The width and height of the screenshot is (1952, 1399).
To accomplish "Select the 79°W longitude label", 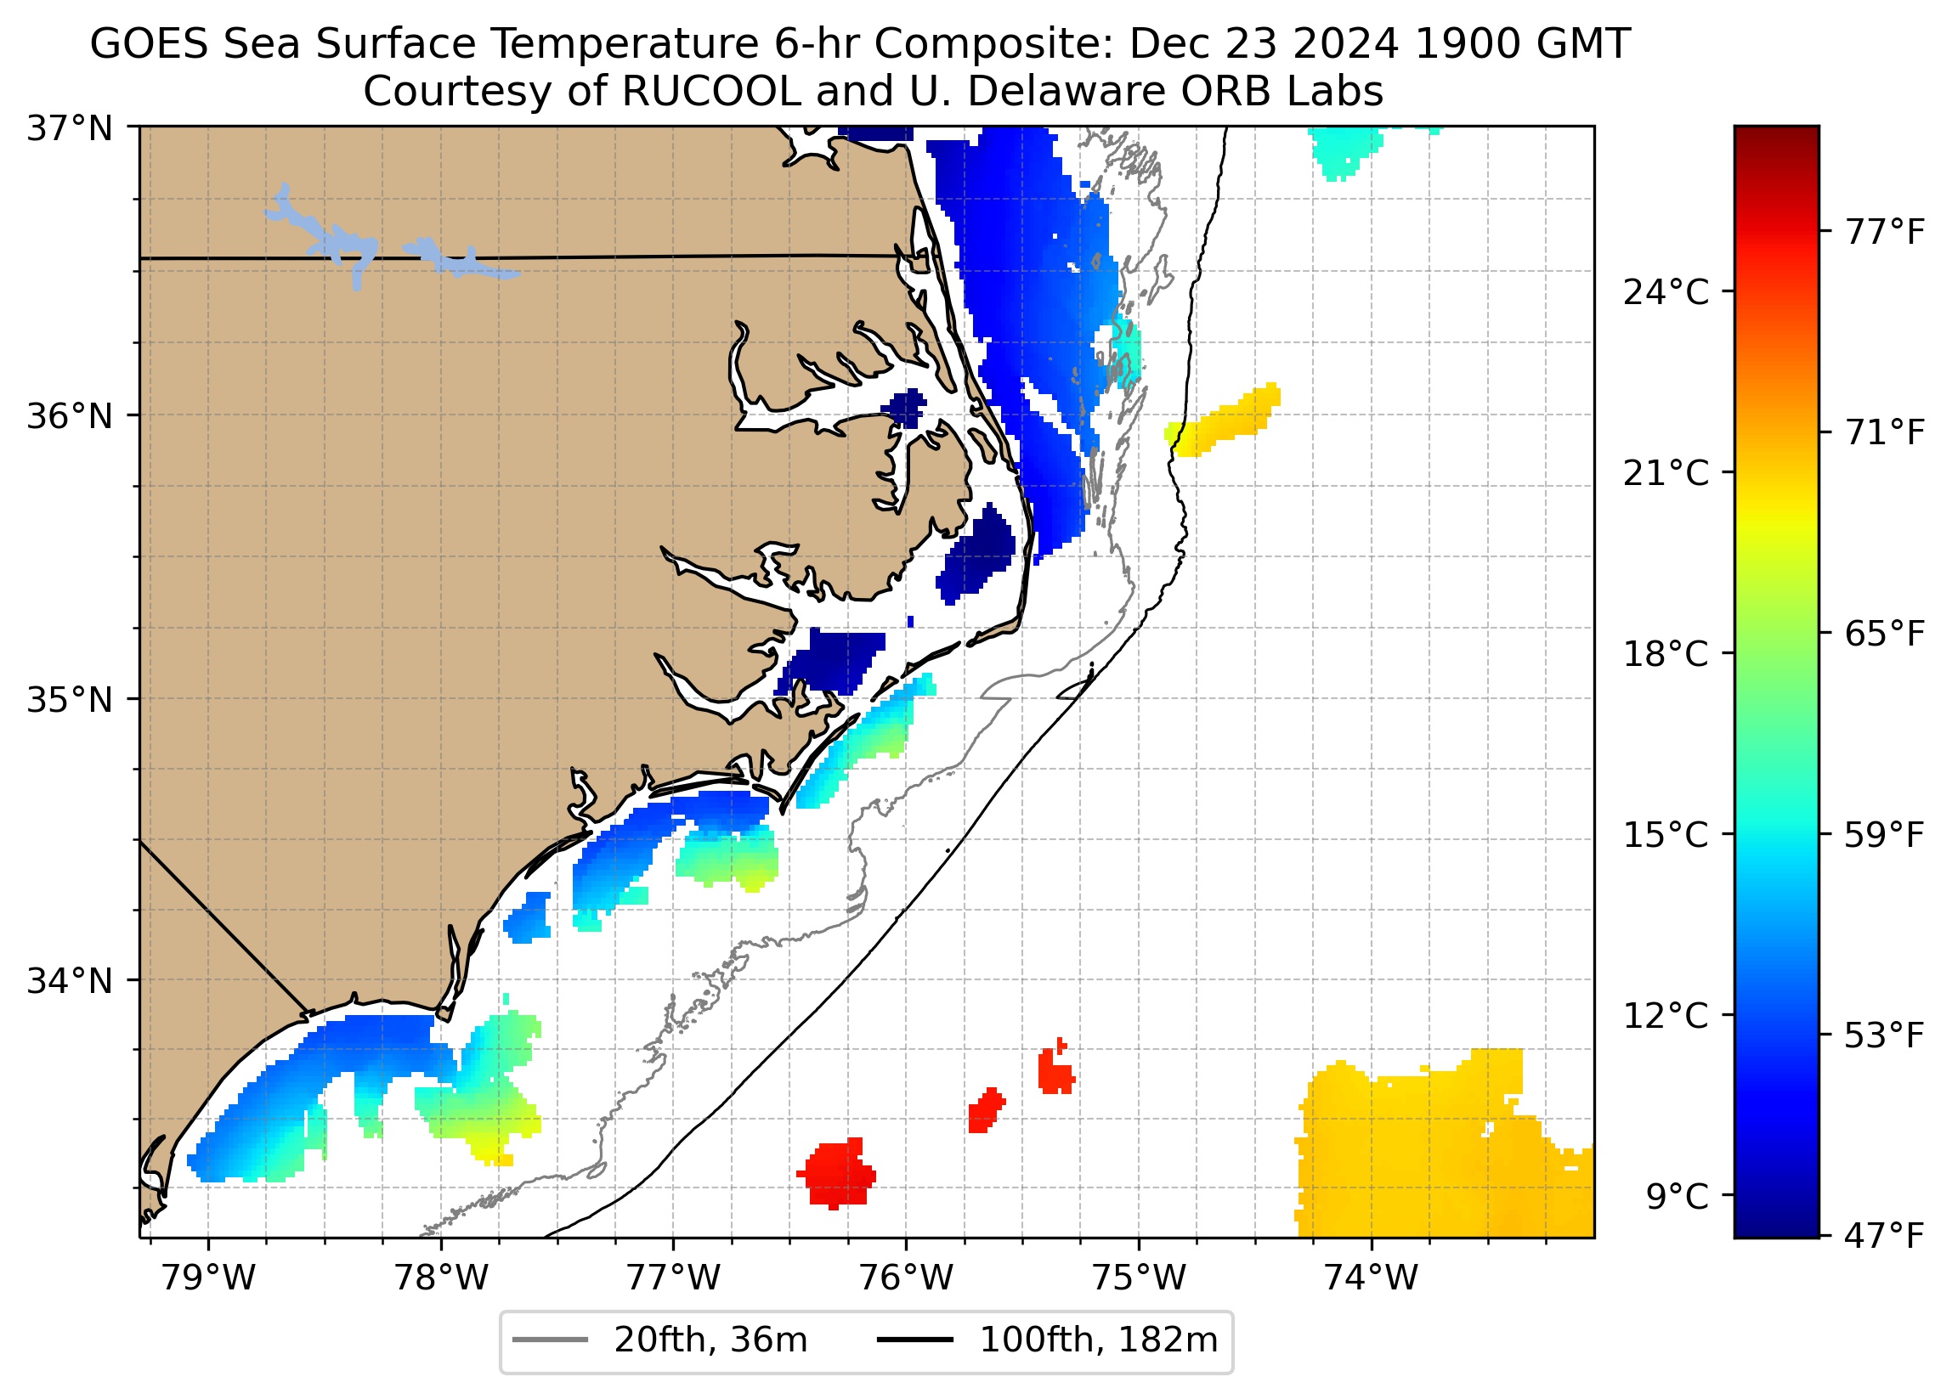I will (209, 1278).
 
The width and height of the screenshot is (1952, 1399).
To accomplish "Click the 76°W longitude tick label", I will (907, 1278).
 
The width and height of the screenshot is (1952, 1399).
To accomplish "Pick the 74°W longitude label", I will (1371, 1278).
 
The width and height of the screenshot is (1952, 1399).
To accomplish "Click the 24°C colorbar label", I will (1666, 293).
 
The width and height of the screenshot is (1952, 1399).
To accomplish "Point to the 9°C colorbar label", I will (1677, 1197).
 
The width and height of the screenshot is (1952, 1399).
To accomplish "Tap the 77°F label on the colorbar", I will (1883, 232).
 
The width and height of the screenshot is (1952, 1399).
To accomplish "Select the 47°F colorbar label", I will (1883, 1237).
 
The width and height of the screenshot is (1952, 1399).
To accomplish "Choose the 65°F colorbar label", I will (1883, 635).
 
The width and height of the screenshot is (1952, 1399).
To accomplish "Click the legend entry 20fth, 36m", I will (710, 1340).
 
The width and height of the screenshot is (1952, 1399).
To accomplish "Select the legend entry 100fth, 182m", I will (1098, 1340).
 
